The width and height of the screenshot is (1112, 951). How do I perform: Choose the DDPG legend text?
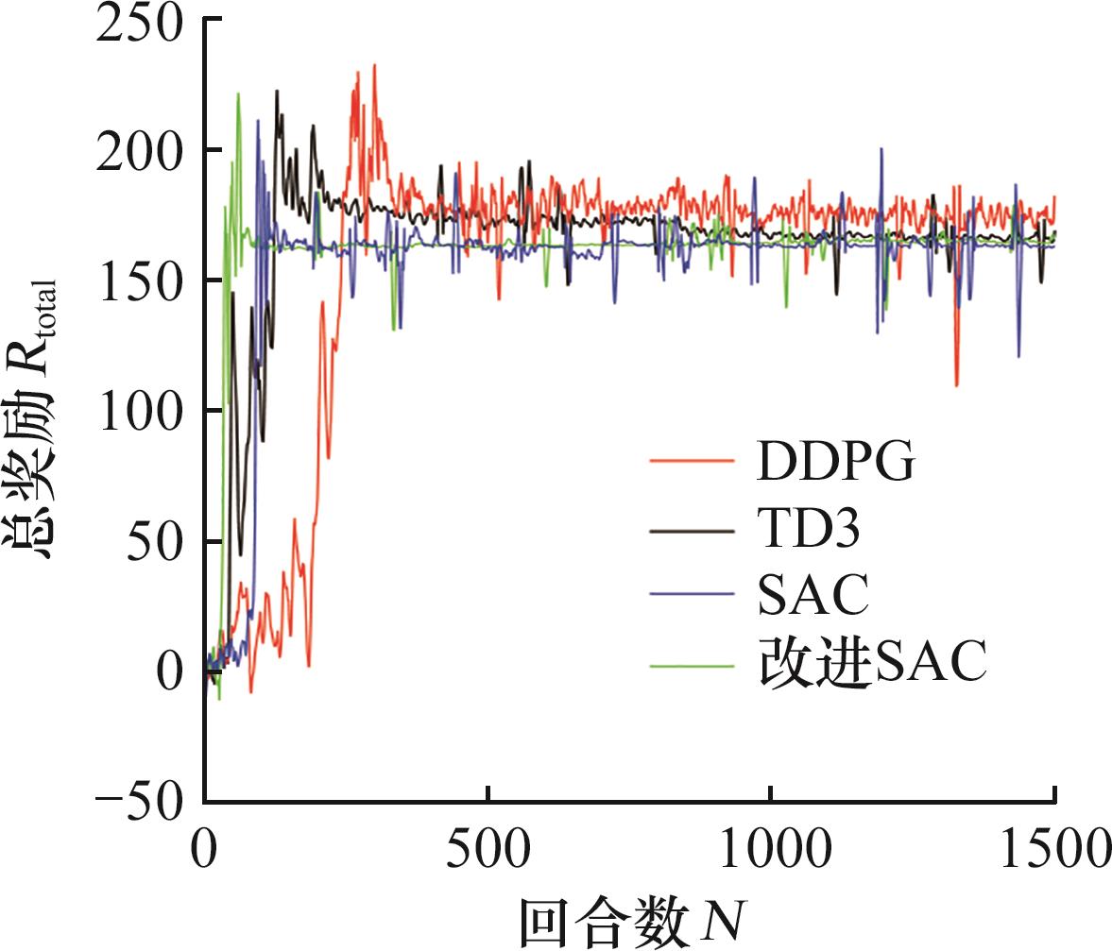836,463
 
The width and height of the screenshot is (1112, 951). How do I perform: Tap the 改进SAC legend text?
872,663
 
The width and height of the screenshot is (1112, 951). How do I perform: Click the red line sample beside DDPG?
692,462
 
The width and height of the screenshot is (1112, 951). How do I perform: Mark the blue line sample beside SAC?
692,595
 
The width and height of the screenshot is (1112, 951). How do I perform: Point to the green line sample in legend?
692,664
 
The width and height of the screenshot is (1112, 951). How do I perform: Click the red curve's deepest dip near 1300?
957,385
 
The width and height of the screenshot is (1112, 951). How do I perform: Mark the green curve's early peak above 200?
238,93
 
